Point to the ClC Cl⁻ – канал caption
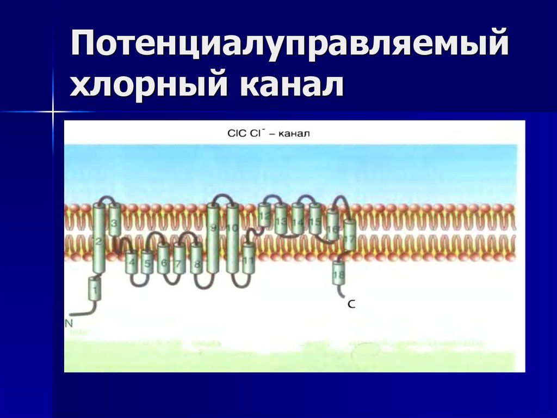click(x=268, y=132)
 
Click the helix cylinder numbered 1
click(x=95, y=289)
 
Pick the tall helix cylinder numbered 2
click(x=98, y=239)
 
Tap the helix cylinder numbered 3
click(x=114, y=220)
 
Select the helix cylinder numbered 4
click(x=132, y=263)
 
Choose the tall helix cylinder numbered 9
click(x=213, y=238)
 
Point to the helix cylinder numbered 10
click(x=233, y=238)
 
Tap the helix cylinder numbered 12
click(x=265, y=215)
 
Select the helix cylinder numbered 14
click(x=298, y=218)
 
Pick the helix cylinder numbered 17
click(x=349, y=235)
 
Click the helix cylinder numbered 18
click(x=338, y=272)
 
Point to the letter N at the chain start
click(x=69, y=323)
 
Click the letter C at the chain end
click(x=351, y=305)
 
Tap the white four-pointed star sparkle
click(x=53, y=112)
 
